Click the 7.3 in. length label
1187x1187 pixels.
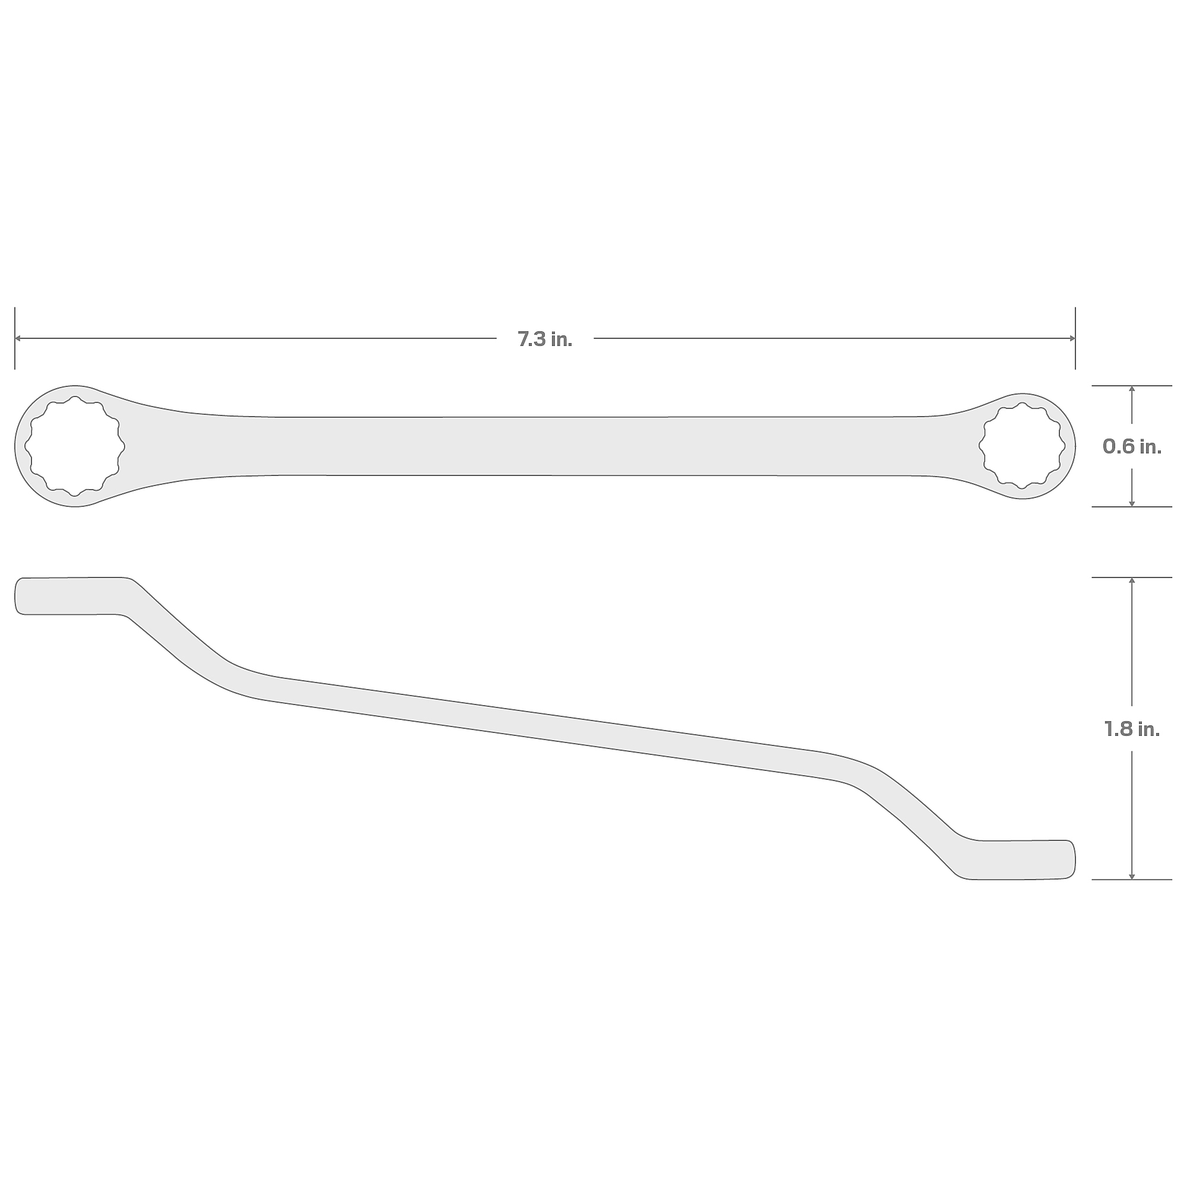point(544,339)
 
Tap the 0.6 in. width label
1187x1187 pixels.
point(1132,447)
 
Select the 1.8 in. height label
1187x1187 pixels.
point(1132,729)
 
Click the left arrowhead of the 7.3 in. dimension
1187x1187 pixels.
point(18,338)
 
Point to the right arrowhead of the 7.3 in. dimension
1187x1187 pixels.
point(1071,338)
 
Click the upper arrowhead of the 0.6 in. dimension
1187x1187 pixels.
point(1132,389)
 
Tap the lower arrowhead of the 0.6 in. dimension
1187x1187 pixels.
point(1132,503)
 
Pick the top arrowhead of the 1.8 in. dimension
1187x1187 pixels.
point(1132,582)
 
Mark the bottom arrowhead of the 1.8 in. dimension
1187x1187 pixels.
point(1132,875)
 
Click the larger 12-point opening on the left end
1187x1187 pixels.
point(75,446)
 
